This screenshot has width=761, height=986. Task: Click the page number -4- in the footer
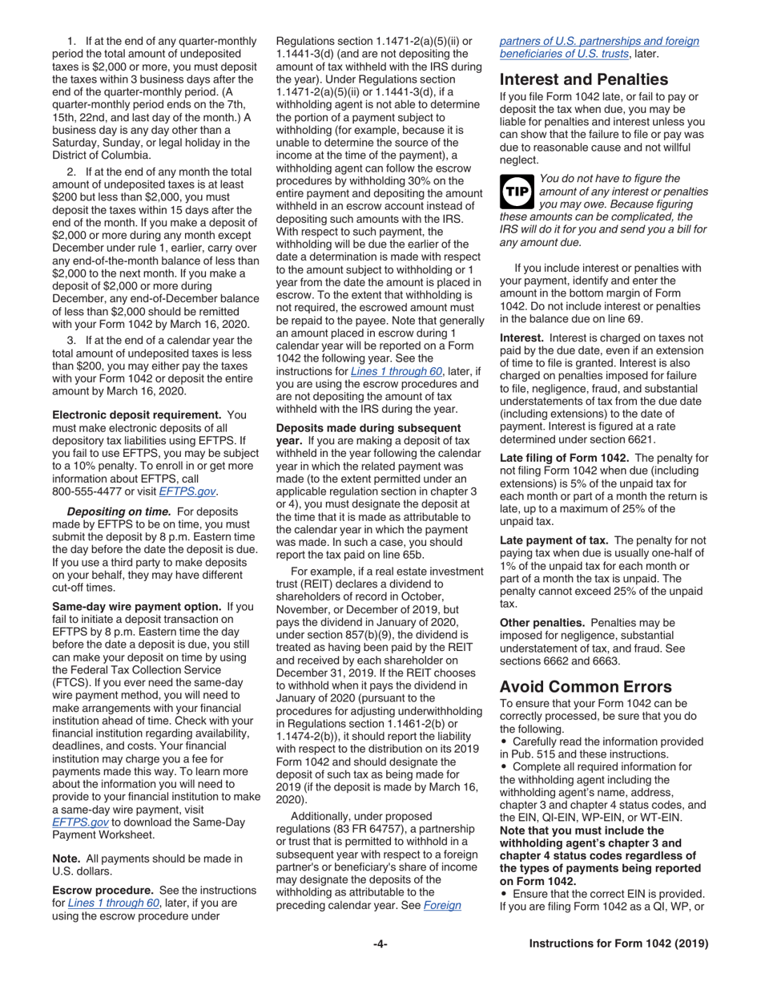tap(380, 944)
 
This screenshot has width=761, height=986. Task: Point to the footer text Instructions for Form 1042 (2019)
tap(618, 944)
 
